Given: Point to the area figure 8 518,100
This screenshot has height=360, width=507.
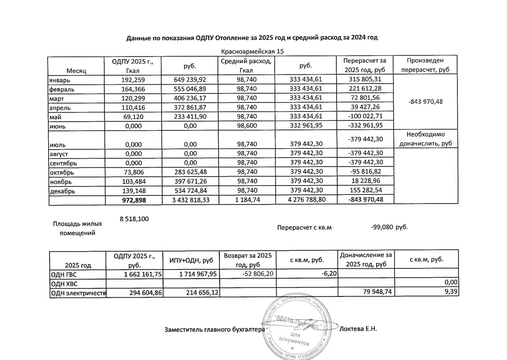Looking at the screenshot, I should tap(134, 219).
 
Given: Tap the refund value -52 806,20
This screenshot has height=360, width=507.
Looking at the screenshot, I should tap(248, 274).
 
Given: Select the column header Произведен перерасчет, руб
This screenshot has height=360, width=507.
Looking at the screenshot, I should tap(425, 65).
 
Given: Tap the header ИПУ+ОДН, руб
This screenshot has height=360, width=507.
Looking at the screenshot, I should tap(191, 260).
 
